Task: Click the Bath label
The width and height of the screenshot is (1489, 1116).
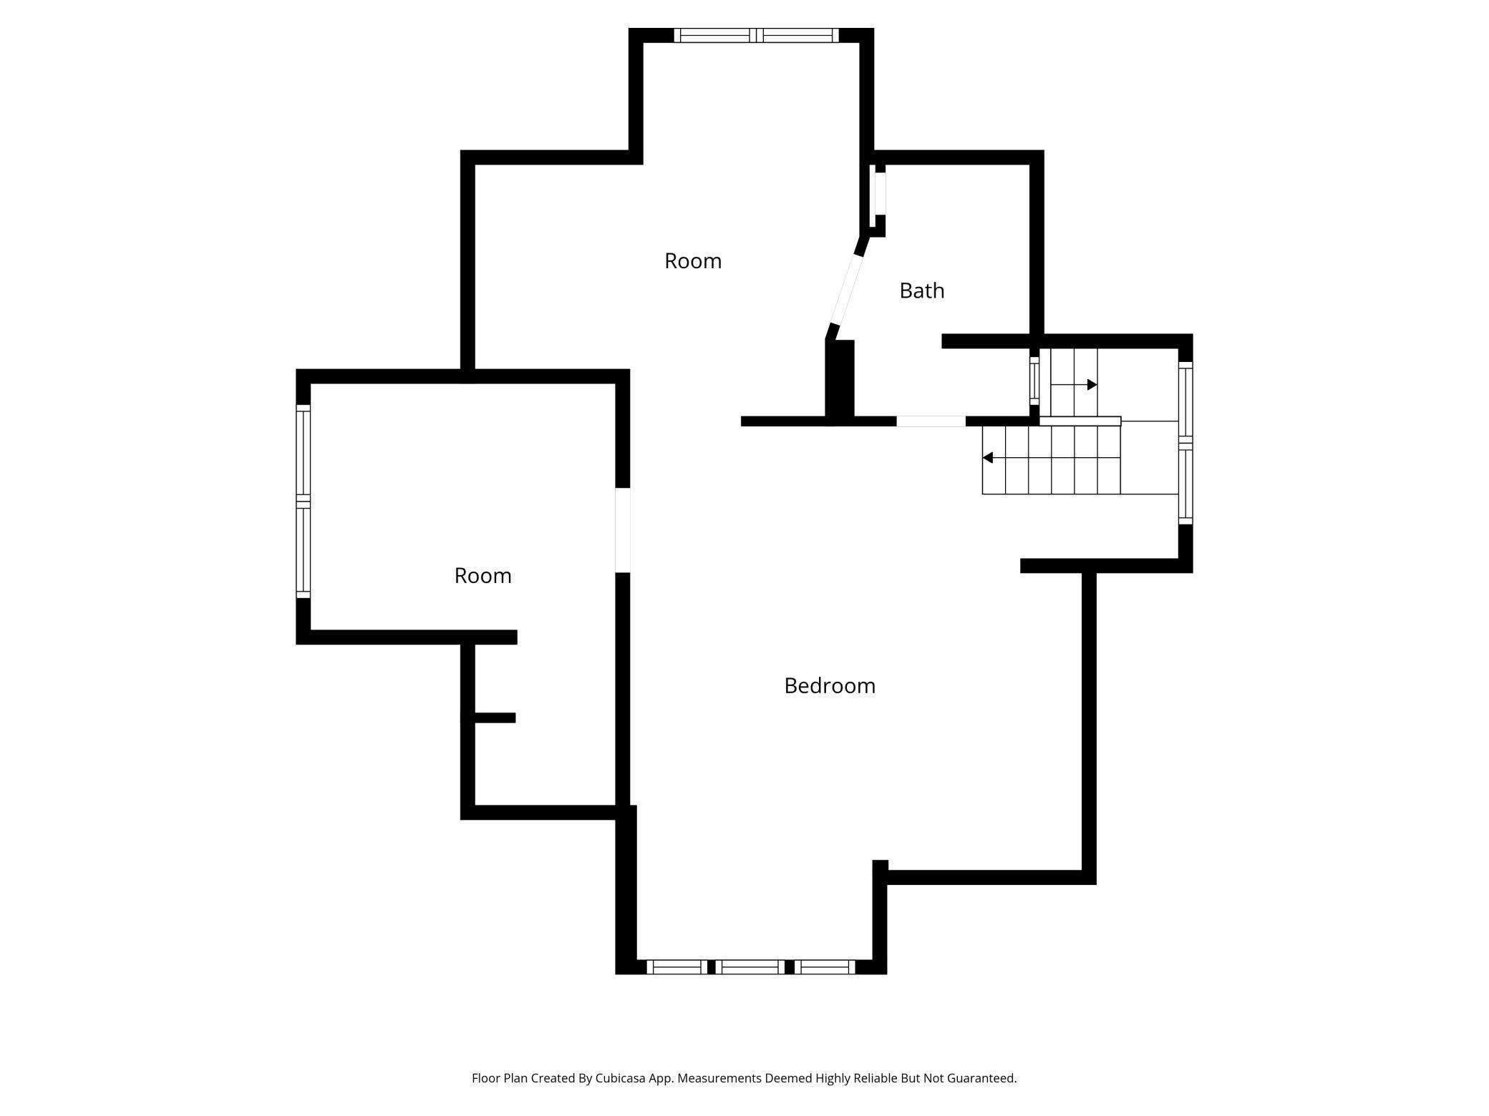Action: pyautogui.click(x=921, y=290)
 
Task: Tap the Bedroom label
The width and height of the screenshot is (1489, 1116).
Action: pyautogui.click(x=830, y=685)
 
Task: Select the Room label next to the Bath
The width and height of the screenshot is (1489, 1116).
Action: pyautogui.click(x=692, y=261)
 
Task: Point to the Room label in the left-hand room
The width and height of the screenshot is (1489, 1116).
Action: pyautogui.click(x=482, y=576)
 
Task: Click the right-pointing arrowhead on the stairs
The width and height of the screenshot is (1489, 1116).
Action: pyautogui.click(x=1092, y=385)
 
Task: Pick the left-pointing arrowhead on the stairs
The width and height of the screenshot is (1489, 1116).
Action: pyautogui.click(x=987, y=458)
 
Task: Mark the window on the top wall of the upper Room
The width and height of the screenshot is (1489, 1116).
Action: pyautogui.click(x=756, y=35)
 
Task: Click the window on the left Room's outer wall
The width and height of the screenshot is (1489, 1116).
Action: pyautogui.click(x=304, y=501)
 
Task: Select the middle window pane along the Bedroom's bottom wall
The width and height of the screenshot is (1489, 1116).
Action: pyautogui.click(x=750, y=967)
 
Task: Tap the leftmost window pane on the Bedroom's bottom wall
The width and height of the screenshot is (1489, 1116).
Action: pyautogui.click(x=677, y=967)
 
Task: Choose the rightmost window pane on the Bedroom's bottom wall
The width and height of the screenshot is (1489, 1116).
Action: pyautogui.click(x=825, y=967)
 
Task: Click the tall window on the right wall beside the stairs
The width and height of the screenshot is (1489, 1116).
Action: pyautogui.click(x=1185, y=443)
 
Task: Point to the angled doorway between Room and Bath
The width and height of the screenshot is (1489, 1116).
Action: pyautogui.click(x=846, y=289)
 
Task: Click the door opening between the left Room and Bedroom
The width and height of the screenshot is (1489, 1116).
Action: pyautogui.click(x=623, y=530)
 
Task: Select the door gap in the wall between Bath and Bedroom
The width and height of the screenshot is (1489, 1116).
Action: pyautogui.click(x=931, y=421)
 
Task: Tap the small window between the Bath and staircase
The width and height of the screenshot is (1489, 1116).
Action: pyautogui.click(x=1034, y=381)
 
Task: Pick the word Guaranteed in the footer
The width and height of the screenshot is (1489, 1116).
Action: pyautogui.click(x=981, y=1078)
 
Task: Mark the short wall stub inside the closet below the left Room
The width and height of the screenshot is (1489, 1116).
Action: pyautogui.click(x=495, y=718)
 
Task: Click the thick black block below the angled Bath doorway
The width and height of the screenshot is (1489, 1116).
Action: pyautogui.click(x=840, y=381)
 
